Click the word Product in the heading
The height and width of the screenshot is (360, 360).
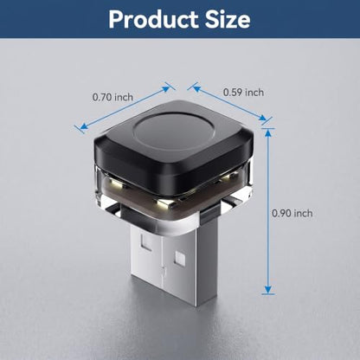[154, 19]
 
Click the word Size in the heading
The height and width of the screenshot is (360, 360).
[228, 19]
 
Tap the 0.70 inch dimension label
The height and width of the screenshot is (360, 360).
[112, 97]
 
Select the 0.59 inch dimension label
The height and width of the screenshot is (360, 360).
[244, 93]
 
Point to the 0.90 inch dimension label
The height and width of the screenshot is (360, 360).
[292, 213]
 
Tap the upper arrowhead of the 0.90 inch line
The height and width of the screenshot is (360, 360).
[268, 132]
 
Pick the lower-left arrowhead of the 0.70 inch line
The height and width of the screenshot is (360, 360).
[84, 125]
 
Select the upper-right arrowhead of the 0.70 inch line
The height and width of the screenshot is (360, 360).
[166, 88]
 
